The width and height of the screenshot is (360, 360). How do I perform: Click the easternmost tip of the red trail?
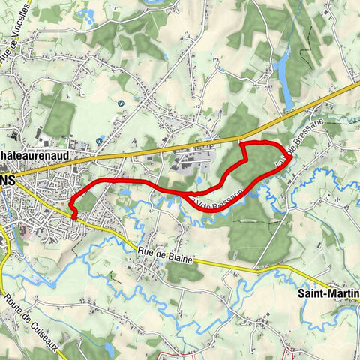289,155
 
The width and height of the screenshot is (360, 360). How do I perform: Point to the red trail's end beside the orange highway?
243,142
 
